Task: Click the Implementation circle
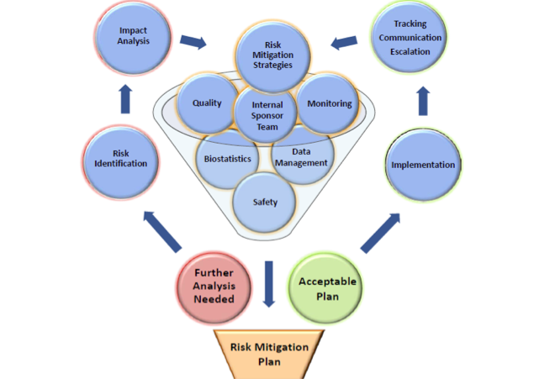(x=423, y=165)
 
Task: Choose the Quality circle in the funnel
(x=207, y=104)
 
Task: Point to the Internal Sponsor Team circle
(x=267, y=115)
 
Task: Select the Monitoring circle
(x=330, y=104)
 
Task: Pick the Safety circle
(x=266, y=202)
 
